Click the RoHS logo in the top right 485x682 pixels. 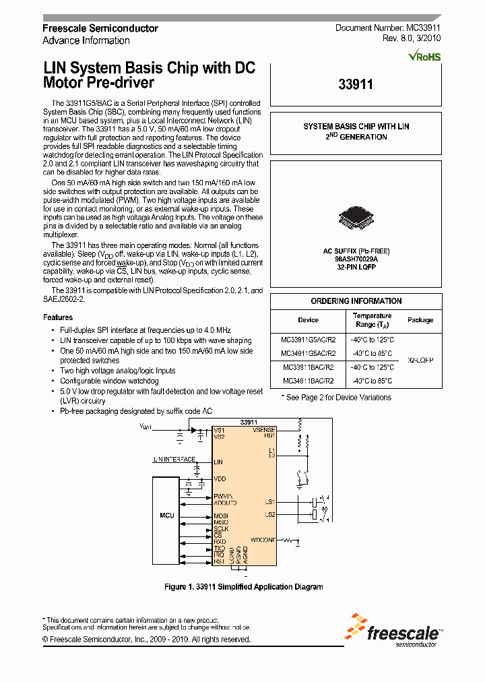pos(424,57)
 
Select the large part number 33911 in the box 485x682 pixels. pos(355,85)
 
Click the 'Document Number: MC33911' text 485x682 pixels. pos(388,28)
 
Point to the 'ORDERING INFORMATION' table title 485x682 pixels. pos(356,301)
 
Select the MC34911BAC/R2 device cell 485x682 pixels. pos(307,380)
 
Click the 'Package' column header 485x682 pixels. pos(420,320)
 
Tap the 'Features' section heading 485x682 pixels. pos(58,317)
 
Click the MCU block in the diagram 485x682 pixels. pos(167,516)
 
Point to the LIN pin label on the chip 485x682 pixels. pos(218,462)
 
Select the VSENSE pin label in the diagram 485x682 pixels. pos(263,430)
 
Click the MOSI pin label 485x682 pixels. pos(220,516)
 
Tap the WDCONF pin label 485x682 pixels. pos(262,540)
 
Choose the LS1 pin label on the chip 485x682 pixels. pos(269,502)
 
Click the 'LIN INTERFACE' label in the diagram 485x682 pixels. pos(174,459)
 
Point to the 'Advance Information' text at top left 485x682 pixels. pos(86,40)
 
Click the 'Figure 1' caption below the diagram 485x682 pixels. pos(243,587)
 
